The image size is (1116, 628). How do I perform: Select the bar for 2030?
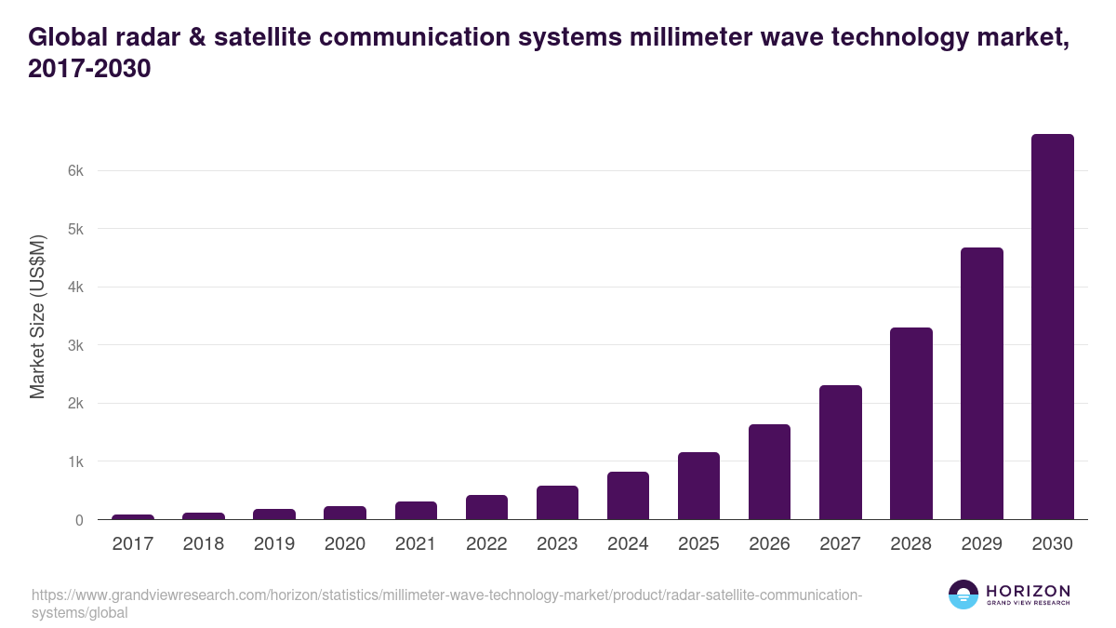[1052, 327]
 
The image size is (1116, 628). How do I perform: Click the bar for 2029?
[981, 383]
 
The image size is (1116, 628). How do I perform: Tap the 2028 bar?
[910, 423]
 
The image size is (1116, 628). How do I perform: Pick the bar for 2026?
[769, 472]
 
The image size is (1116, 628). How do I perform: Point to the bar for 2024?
[628, 496]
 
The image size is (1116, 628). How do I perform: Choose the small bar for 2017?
[133, 516]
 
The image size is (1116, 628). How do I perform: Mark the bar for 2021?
[416, 510]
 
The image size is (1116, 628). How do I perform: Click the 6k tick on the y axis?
[75, 171]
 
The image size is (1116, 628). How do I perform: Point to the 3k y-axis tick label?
[75, 346]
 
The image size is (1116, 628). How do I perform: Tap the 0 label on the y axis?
[79, 520]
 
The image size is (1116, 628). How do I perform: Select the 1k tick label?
[75, 462]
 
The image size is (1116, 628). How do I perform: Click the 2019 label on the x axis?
[274, 544]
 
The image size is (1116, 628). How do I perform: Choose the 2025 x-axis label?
[698, 544]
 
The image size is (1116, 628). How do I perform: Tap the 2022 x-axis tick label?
[486, 544]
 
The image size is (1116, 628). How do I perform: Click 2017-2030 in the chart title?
[89, 68]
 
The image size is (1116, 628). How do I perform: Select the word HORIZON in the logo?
[1028, 591]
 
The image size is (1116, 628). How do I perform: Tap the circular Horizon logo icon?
[963, 595]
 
